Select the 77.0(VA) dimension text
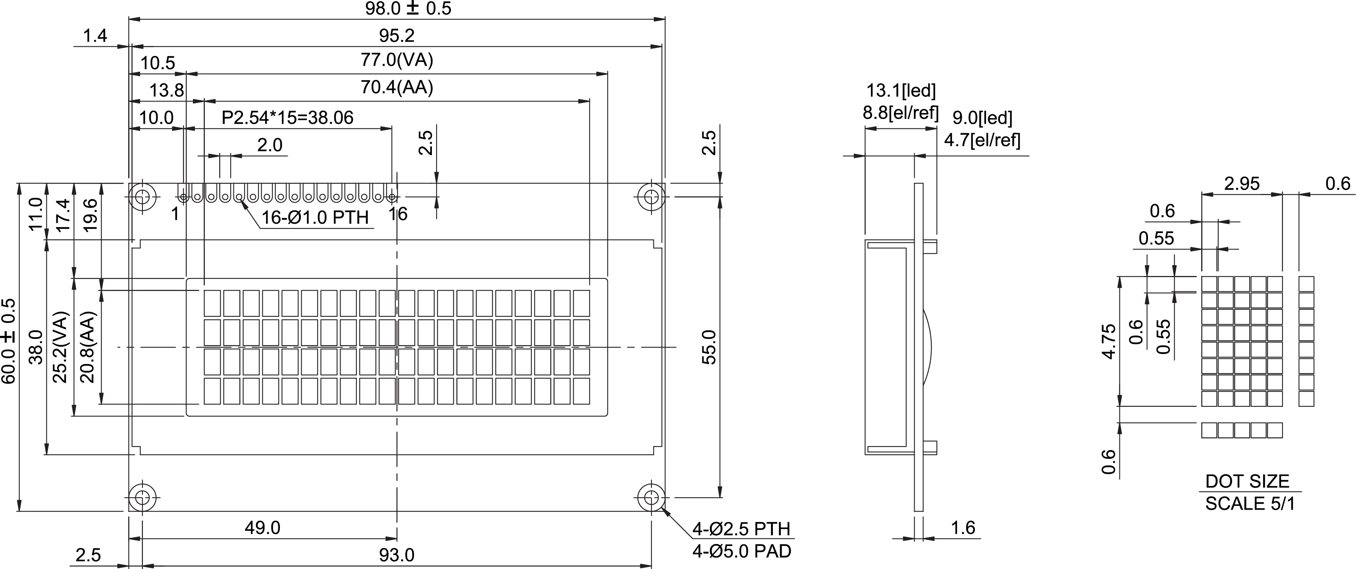tap(397, 61)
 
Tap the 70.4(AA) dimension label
tap(397, 87)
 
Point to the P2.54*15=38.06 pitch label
tap(287, 118)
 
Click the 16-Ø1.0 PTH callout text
tap(315, 218)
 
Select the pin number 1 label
tap(175, 214)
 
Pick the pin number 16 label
tap(398, 214)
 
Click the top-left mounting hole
tap(142, 197)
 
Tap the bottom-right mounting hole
tap(651, 496)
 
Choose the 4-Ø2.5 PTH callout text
tap(741, 529)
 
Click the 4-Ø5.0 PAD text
tap(741, 551)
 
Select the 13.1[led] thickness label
tap(901, 91)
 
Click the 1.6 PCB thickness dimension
tap(963, 527)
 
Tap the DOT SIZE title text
tap(1247, 481)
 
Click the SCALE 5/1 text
tap(1250, 504)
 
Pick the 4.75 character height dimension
tap(1109, 342)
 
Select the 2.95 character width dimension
tap(1242, 184)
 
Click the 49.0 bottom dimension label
tap(262, 527)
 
